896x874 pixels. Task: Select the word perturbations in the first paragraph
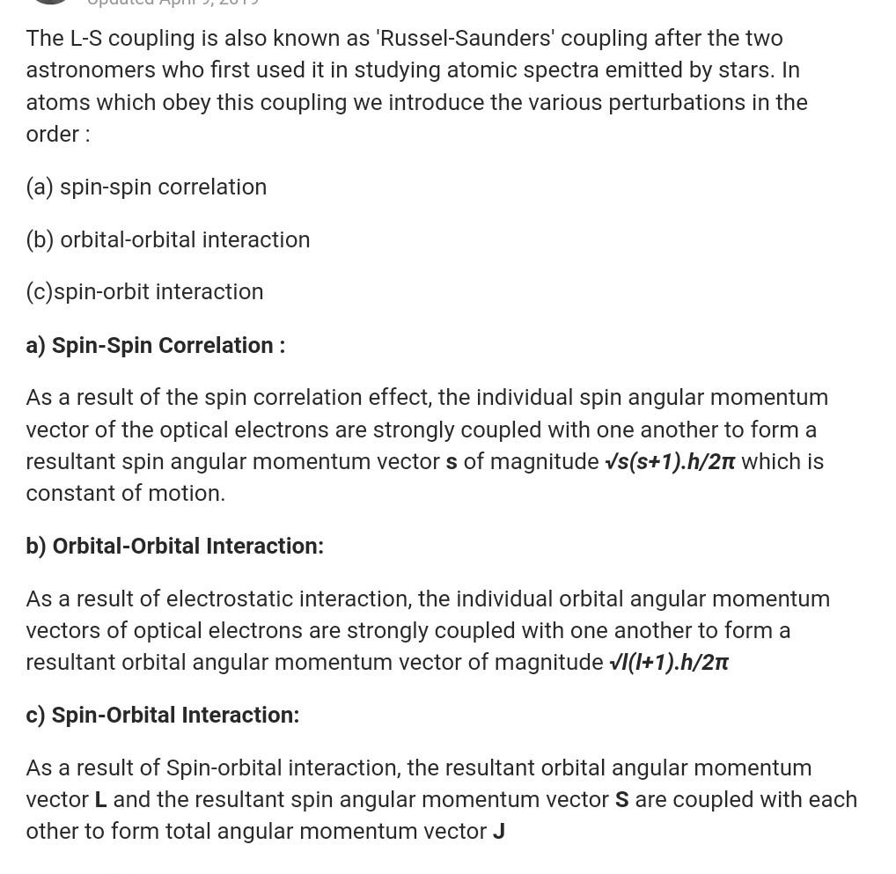(x=677, y=103)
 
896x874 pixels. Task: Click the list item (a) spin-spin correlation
(x=146, y=187)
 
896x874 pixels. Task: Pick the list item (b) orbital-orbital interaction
(x=168, y=240)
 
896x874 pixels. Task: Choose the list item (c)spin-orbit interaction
(x=144, y=292)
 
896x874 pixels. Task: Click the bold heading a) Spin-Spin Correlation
(x=155, y=345)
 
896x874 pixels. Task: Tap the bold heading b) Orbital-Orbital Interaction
(x=174, y=547)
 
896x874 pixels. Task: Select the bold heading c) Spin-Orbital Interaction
(x=162, y=716)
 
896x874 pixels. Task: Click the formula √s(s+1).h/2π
(x=670, y=462)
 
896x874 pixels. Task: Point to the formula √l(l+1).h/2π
(x=669, y=663)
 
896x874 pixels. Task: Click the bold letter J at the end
(x=499, y=832)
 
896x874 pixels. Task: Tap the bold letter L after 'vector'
(x=101, y=800)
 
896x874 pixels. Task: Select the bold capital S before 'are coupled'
(x=622, y=800)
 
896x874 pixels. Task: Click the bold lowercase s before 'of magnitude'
(x=452, y=462)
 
